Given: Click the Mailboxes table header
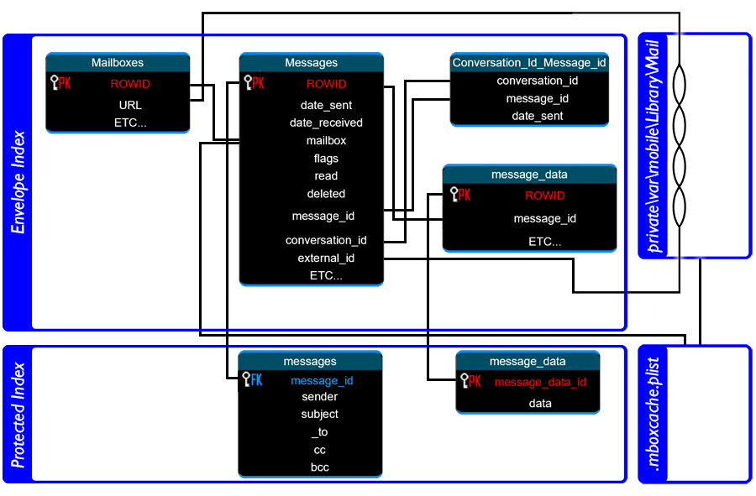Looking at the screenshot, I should (118, 63).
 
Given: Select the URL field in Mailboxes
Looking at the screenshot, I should (130, 105).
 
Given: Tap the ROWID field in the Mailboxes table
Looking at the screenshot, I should (130, 84).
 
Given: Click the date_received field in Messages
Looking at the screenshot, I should (326, 123).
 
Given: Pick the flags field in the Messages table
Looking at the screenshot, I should (326, 159).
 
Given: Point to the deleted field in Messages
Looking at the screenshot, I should (326, 194).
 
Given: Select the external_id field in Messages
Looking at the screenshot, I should (326, 258).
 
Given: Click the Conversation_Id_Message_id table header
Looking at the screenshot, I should (529, 63).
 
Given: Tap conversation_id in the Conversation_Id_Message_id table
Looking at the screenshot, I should (538, 81).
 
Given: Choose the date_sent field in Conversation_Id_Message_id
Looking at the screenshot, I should (538, 116).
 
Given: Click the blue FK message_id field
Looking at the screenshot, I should (322, 380).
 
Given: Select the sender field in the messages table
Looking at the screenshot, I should (319, 397).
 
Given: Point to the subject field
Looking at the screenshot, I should (319, 414).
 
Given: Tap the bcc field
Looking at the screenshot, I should (319, 467).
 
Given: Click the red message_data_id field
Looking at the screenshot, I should (540, 383).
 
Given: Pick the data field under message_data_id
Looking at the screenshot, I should (540, 404).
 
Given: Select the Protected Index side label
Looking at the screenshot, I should (18, 415).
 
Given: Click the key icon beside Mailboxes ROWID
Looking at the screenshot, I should (55, 82).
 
